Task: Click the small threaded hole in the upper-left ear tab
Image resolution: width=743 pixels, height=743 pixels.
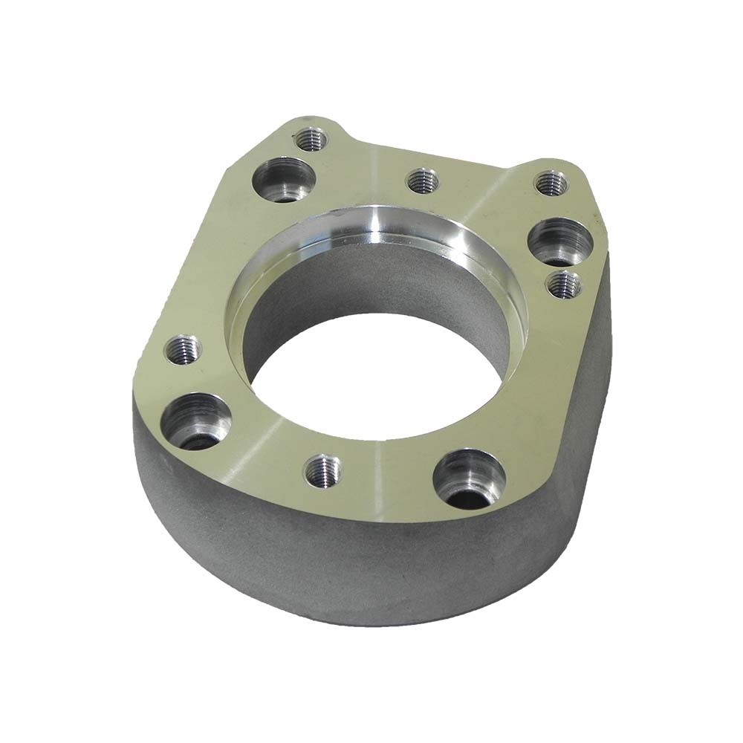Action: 310,139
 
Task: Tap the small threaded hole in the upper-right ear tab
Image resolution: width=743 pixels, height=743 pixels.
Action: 551,183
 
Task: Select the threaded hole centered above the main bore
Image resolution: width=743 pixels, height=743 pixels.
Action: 422,180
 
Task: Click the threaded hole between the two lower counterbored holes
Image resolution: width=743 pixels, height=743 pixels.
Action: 323,470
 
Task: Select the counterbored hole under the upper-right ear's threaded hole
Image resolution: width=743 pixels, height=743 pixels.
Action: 559,239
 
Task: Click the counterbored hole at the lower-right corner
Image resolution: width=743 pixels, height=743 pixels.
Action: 469,476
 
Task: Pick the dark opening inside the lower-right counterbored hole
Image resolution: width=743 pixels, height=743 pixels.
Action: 476,495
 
